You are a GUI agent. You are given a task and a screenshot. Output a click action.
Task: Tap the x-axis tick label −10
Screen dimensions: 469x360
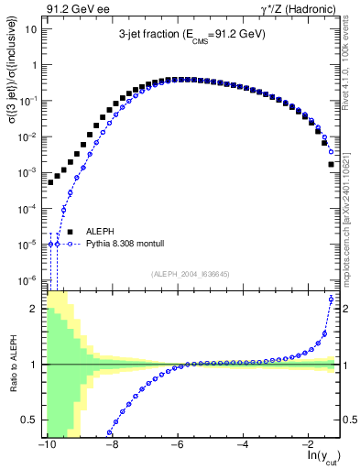pyautogui.click(x=46, y=444)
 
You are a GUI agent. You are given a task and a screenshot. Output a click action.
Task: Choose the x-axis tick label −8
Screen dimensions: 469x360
pyautogui.click(x=111, y=444)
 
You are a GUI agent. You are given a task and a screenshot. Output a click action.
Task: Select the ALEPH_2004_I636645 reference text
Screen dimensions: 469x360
pyautogui.click(x=191, y=274)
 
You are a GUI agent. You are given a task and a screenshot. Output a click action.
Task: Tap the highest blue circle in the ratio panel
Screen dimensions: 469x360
pyautogui.click(x=331, y=300)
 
